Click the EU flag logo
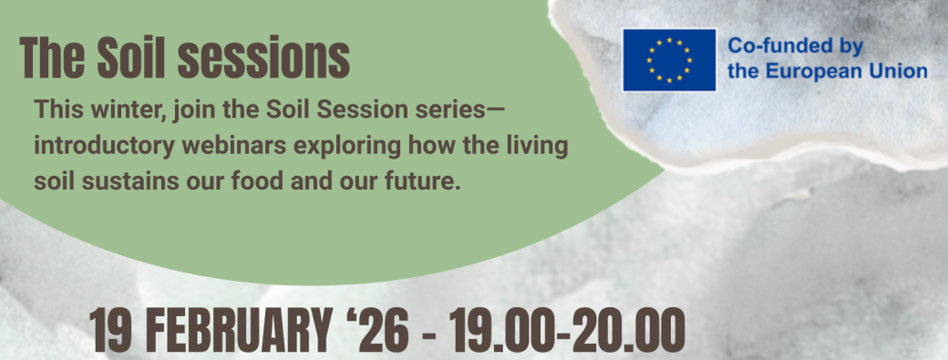(x=669, y=60)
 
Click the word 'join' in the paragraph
(x=193, y=111)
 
